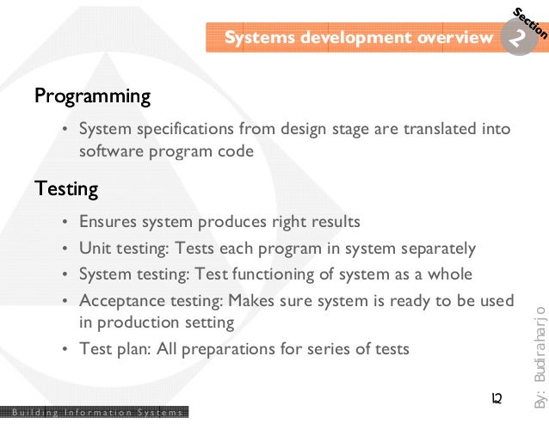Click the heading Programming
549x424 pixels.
[92, 95]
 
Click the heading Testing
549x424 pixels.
[65, 187]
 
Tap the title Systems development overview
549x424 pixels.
[358, 38]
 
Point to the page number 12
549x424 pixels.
[496, 399]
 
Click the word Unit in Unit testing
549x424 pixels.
[95, 249]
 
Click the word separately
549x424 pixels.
[439, 249]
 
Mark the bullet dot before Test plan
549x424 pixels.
[65, 350]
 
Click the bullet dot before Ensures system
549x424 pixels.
[65, 223]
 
